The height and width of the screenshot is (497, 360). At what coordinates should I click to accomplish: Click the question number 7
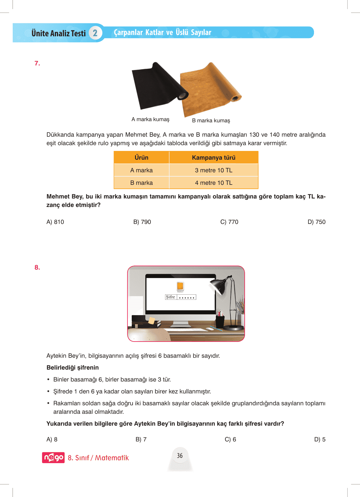pos(37,63)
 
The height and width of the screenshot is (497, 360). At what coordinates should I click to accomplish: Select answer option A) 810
pos(55,222)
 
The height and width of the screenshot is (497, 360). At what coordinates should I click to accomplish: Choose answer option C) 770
pos(229,222)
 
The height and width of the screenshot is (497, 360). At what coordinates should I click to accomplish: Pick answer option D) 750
pos(316,222)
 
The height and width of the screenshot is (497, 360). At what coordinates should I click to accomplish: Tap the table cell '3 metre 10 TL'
pos(213,170)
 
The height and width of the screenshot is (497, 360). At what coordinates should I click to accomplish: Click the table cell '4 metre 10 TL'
pos(213,183)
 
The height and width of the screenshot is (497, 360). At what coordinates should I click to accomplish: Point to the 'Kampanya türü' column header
pos(213,158)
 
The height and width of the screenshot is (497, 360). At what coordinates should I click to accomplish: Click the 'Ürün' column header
pos(141,158)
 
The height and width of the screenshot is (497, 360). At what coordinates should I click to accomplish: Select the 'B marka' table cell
pos(141,183)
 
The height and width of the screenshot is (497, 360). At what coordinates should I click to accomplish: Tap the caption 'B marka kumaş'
pos(211,120)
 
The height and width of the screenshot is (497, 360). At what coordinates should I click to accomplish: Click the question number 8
pos(37,267)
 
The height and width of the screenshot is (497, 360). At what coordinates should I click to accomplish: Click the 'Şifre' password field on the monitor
pos(181,297)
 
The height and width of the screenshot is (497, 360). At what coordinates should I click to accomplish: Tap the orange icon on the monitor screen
pos(180,286)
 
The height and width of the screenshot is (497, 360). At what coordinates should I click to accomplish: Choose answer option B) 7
pos(141,439)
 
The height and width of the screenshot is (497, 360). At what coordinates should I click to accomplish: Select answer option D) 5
pos(320,439)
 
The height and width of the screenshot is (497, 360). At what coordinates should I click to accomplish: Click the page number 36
pos(180,456)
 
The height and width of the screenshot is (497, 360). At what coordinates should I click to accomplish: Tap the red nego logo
pos(53,457)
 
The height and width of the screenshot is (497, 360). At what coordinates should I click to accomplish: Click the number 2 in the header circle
pos(95,33)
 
